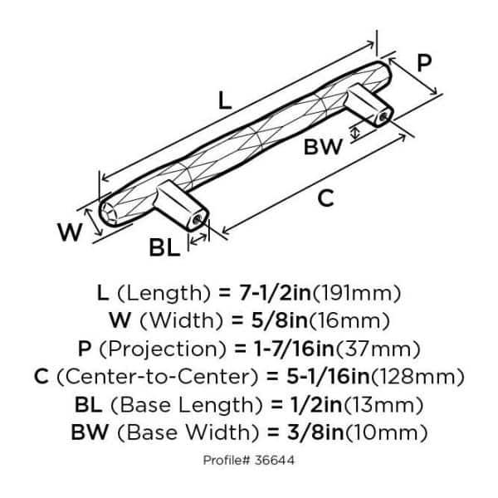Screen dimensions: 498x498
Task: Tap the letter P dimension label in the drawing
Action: (425, 63)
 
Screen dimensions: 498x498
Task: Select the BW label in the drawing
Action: (322, 148)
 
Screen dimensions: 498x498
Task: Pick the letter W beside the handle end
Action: (72, 232)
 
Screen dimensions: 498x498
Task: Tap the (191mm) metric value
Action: (361, 292)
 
